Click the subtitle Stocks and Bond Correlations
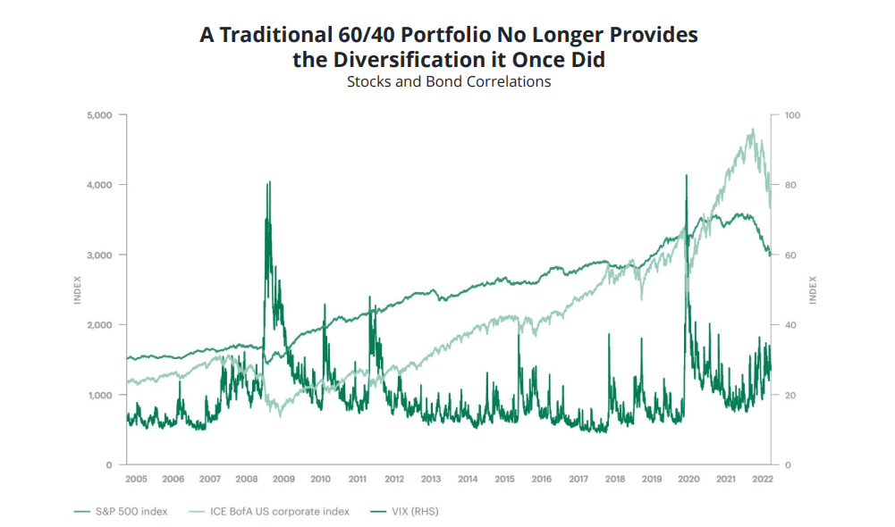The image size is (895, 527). click(x=448, y=82)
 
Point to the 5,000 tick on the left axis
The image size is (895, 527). click(x=99, y=115)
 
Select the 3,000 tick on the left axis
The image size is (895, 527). click(x=99, y=255)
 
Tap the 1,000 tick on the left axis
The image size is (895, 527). click(x=99, y=395)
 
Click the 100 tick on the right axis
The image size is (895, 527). click(x=792, y=115)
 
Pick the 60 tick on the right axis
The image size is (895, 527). click(x=789, y=255)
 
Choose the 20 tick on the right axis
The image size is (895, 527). click(x=789, y=395)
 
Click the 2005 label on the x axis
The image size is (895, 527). click(x=136, y=480)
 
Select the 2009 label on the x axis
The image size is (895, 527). click(x=283, y=480)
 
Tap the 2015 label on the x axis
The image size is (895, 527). click(x=505, y=480)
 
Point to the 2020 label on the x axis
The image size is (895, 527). click(x=688, y=480)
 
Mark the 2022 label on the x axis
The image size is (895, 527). click(x=762, y=480)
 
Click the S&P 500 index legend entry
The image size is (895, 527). click(x=123, y=512)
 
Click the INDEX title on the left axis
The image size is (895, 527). click(x=78, y=290)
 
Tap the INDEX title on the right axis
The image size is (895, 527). click(x=813, y=290)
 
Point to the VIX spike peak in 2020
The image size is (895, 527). click(x=686, y=176)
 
